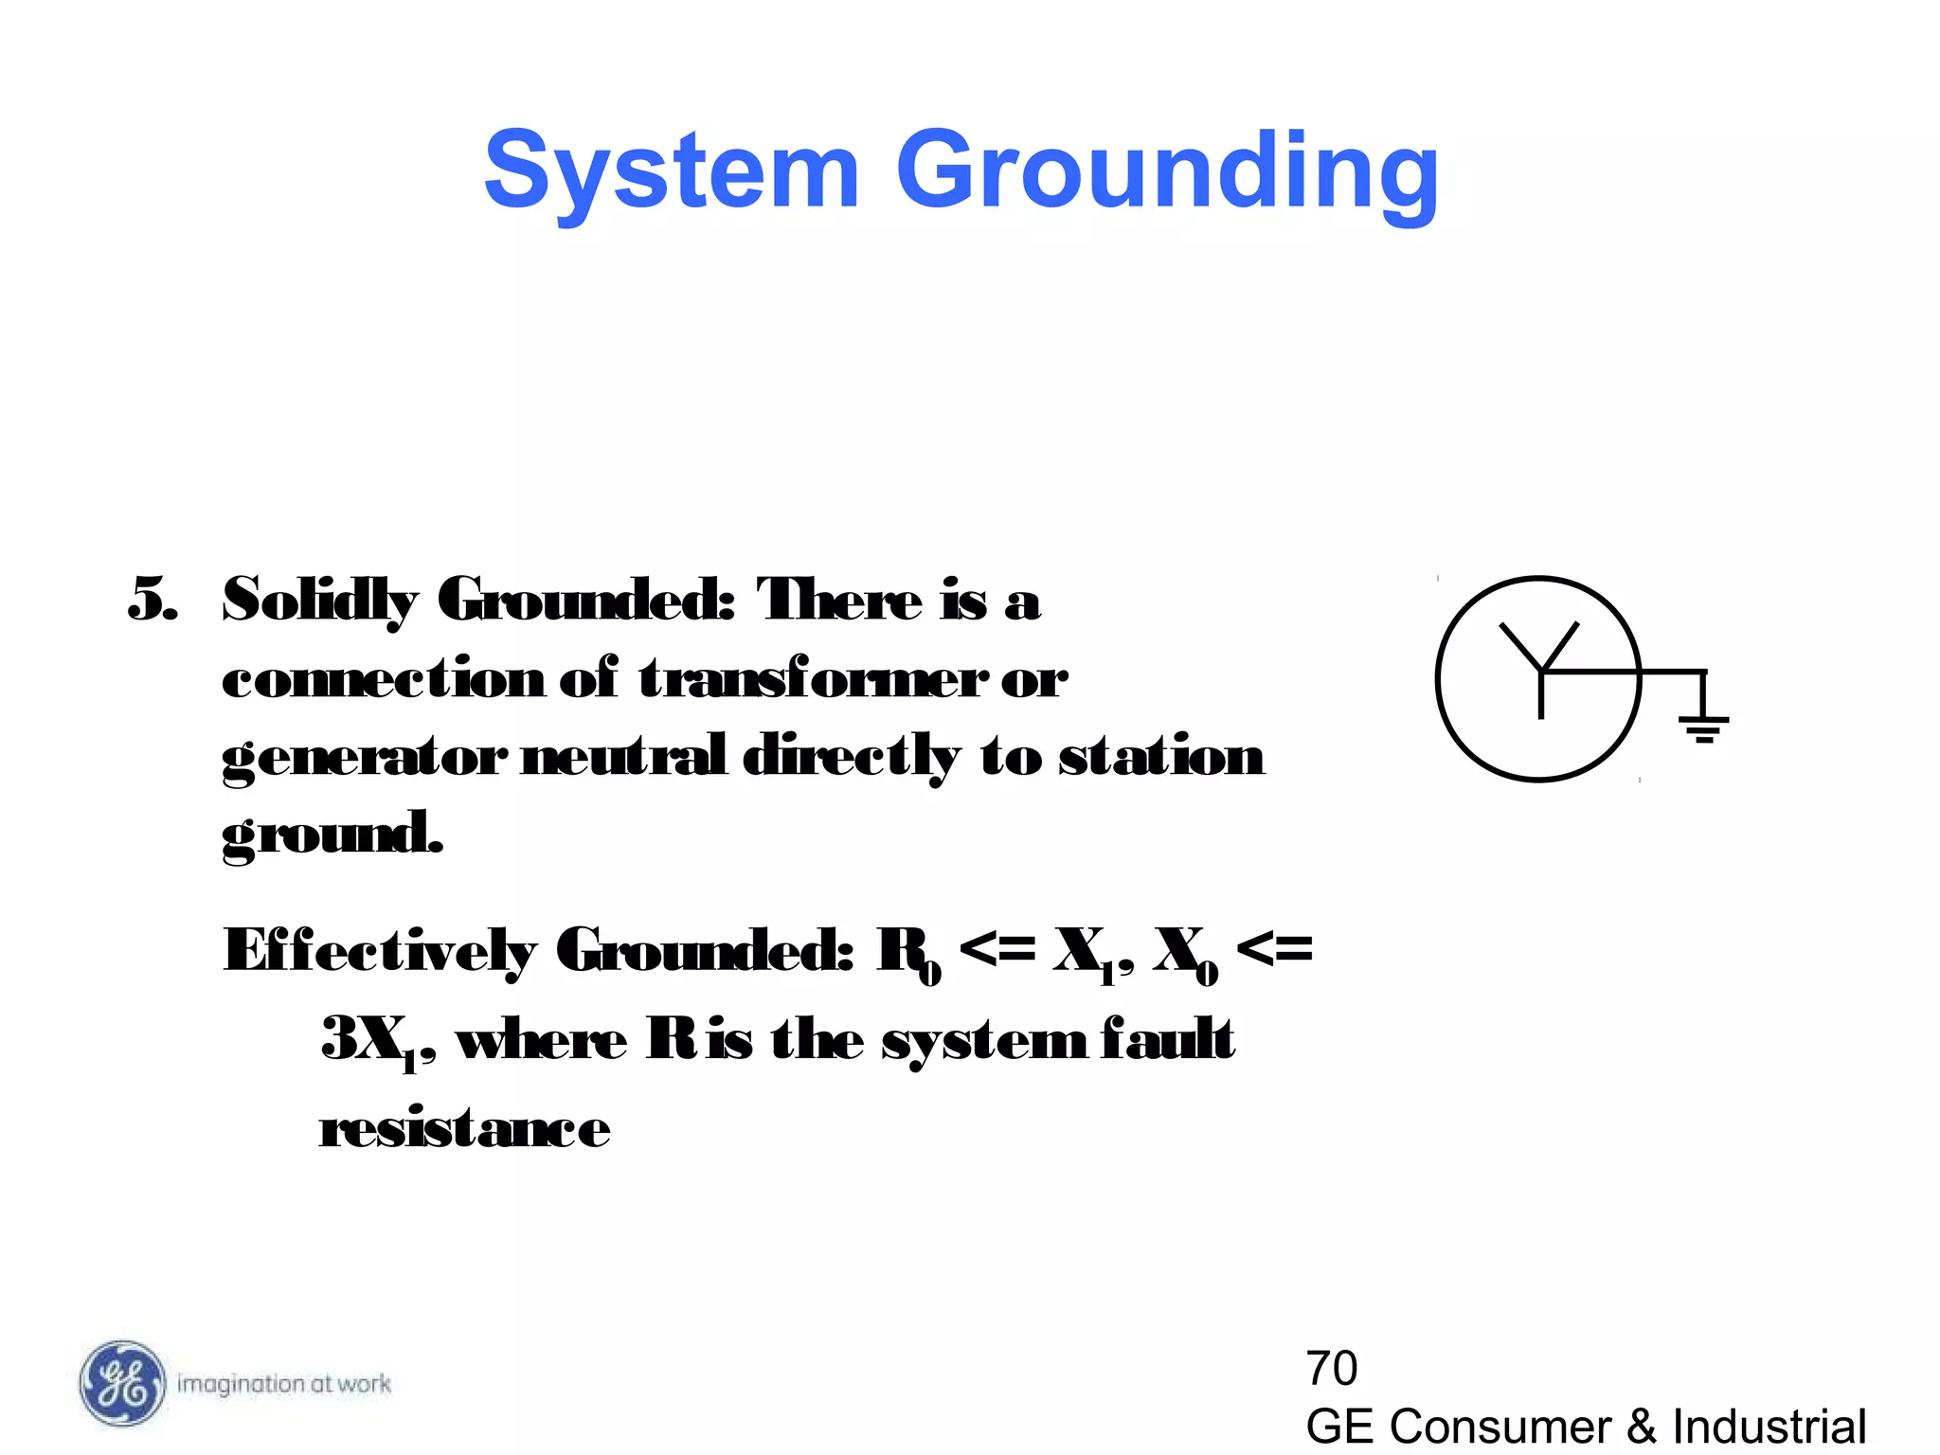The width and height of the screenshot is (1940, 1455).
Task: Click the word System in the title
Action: (x=672, y=171)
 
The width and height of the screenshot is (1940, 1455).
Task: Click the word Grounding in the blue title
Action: (x=1167, y=172)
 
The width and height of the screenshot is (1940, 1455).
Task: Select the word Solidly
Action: (x=319, y=602)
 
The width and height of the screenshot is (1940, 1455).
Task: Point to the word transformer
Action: (x=814, y=678)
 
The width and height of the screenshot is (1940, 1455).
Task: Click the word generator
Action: (x=365, y=758)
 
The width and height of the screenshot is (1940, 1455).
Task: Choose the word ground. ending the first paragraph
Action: (x=332, y=835)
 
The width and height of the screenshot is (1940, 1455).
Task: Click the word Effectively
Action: (x=380, y=951)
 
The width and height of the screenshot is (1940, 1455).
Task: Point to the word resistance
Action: (x=465, y=1128)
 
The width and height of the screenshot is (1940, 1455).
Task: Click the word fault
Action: (x=1168, y=1039)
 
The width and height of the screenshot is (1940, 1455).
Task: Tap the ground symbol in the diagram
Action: (x=1703, y=727)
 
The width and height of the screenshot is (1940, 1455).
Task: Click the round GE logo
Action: (x=121, y=1383)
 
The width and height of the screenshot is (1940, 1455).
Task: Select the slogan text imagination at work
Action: (x=284, y=1384)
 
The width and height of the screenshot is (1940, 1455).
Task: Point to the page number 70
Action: (x=1331, y=1368)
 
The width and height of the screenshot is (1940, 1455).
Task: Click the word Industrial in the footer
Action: (x=1769, y=1427)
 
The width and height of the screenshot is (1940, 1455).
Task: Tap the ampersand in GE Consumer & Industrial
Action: (x=1642, y=1427)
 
